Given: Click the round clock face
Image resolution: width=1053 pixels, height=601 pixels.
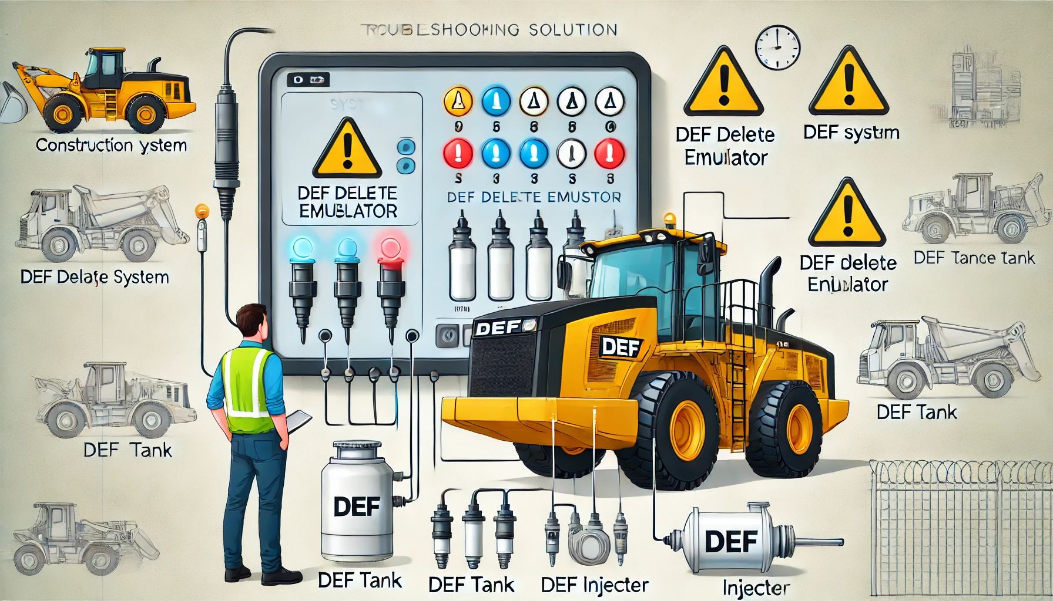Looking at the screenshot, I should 777,47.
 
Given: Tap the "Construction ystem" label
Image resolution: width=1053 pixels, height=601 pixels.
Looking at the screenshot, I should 111,145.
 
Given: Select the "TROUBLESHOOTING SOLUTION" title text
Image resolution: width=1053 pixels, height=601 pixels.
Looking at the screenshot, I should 488,29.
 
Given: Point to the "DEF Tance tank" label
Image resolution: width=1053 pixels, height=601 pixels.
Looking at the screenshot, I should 974,258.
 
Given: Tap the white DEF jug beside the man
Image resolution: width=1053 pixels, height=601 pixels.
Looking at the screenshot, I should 357,502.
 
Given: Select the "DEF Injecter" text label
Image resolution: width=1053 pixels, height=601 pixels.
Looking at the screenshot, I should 594,585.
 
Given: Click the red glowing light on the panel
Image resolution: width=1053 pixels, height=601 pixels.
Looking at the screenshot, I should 390,249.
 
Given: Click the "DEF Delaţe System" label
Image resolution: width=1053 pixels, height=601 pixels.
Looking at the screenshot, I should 95,277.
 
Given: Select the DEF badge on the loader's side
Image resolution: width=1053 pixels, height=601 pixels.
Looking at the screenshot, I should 621,347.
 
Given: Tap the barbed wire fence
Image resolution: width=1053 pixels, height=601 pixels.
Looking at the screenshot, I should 960,528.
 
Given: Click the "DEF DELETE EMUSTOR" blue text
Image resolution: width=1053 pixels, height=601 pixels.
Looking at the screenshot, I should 534,197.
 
